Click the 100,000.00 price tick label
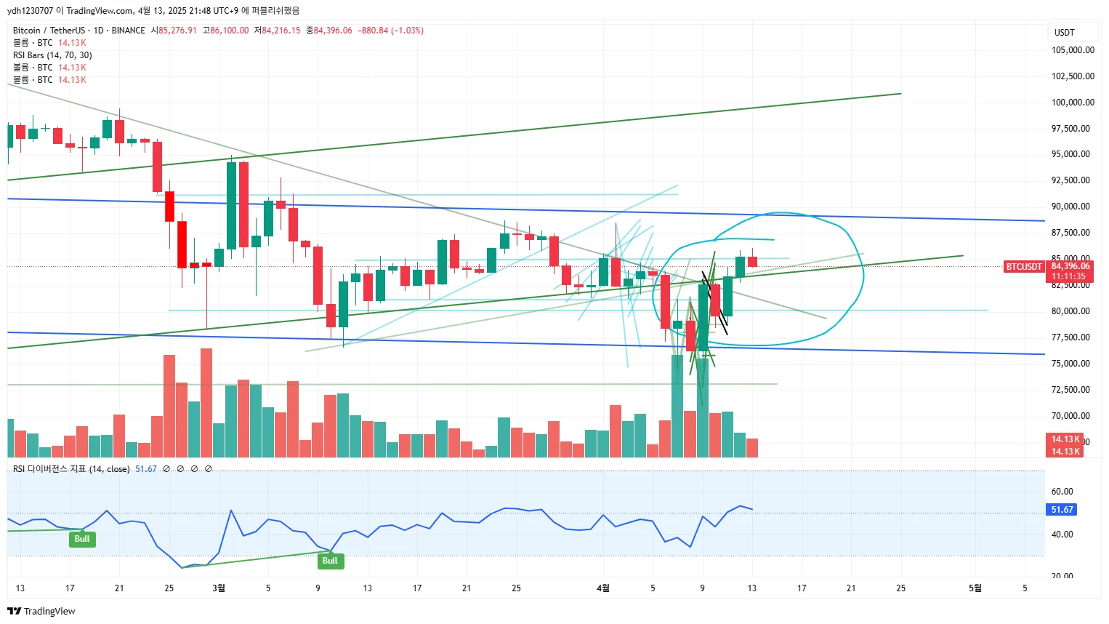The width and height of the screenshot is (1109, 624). tap(1073, 103)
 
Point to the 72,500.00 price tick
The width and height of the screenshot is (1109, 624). tap(1073, 390)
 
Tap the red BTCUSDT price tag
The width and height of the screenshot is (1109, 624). tap(1024, 267)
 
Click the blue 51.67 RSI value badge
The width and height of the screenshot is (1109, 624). tap(1062, 510)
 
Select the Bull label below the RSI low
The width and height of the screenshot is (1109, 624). tap(330, 561)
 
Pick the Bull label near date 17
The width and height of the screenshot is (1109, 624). tap(82, 539)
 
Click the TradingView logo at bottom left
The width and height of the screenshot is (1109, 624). tap(41, 611)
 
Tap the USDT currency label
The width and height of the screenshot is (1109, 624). tap(1064, 33)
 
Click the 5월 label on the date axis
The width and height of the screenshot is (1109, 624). tap(975, 588)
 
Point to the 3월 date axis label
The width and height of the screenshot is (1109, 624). tap(218, 588)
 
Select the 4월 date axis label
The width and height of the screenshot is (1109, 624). tap(602, 588)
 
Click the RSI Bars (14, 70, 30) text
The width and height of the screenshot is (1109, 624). tap(52, 55)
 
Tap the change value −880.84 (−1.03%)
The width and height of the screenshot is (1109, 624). tap(390, 31)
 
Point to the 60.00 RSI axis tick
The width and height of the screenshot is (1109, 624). tap(1062, 492)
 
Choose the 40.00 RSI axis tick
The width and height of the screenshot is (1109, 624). tap(1062, 535)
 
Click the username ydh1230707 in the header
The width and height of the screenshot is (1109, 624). tap(31, 11)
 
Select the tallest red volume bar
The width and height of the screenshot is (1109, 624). tap(206, 402)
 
